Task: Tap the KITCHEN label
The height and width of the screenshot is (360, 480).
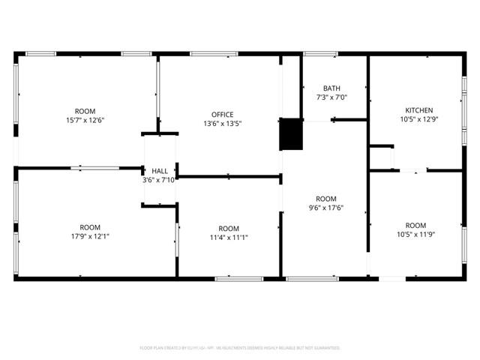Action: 419,110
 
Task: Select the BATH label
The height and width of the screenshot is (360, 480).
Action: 331,88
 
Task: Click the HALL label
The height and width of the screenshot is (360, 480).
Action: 160,171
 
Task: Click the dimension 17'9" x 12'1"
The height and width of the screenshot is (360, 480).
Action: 90,236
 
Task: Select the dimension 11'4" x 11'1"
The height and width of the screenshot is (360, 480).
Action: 229,238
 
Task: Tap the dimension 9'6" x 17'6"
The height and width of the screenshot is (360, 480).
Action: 325,208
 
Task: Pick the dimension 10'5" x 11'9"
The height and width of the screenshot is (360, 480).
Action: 415,235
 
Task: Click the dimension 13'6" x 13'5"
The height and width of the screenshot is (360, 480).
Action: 223,124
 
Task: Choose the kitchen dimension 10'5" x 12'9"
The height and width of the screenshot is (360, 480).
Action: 419,120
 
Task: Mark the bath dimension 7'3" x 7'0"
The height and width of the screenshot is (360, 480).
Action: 331,97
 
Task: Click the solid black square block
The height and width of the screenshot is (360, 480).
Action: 289,134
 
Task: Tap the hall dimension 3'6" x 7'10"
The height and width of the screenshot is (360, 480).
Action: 160,180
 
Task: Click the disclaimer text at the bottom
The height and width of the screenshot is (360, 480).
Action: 240,348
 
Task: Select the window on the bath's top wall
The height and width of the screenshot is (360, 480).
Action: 320,53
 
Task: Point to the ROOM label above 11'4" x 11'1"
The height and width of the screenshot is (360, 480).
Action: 229,229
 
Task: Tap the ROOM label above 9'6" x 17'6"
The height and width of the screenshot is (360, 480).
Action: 325,199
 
